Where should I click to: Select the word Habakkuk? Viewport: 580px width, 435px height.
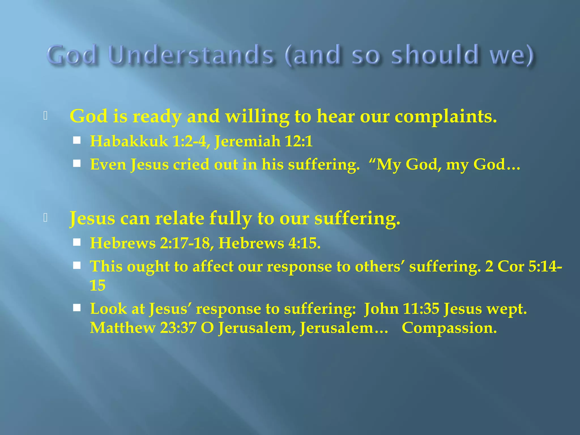coord(129,141)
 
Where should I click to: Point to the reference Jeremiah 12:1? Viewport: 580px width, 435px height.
coord(263,141)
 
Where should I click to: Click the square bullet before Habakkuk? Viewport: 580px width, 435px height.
coord(77,140)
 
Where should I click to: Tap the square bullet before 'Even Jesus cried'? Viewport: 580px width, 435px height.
coord(77,163)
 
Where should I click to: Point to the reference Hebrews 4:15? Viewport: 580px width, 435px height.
coord(269,243)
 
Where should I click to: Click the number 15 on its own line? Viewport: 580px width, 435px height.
coord(97,285)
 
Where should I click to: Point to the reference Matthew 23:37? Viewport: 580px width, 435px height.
coord(143,328)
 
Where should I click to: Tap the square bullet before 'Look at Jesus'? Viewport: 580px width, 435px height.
coord(77,308)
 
